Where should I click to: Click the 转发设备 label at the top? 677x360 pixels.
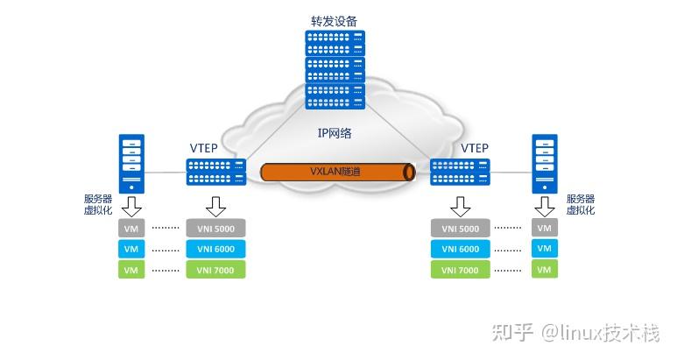coord(335,20)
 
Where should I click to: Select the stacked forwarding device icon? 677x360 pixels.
coord(335,70)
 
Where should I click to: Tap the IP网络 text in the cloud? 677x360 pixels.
coord(335,133)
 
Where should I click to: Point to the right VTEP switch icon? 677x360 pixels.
coord(461,172)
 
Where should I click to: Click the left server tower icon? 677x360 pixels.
coord(131,163)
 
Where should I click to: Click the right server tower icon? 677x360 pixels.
coord(545,163)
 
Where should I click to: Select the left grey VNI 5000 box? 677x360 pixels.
coord(215,229)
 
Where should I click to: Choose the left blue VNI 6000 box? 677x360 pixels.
coord(215,250)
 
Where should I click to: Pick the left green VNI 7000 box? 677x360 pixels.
coord(215,271)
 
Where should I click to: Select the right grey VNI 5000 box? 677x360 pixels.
coord(460,229)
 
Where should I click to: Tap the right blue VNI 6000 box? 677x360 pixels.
coord(460,250)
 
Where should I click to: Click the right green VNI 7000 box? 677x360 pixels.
coord(460,271)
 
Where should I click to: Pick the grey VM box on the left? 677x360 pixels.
coord(131,229)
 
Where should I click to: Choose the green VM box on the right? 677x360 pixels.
coord(544,271)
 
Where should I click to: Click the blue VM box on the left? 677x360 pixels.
coord(131,250)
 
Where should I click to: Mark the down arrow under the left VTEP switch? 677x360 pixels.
coord(215,207)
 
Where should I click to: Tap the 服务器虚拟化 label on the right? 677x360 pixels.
coord(580,204)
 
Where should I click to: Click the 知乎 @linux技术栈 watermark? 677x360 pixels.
coord(586,331)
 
